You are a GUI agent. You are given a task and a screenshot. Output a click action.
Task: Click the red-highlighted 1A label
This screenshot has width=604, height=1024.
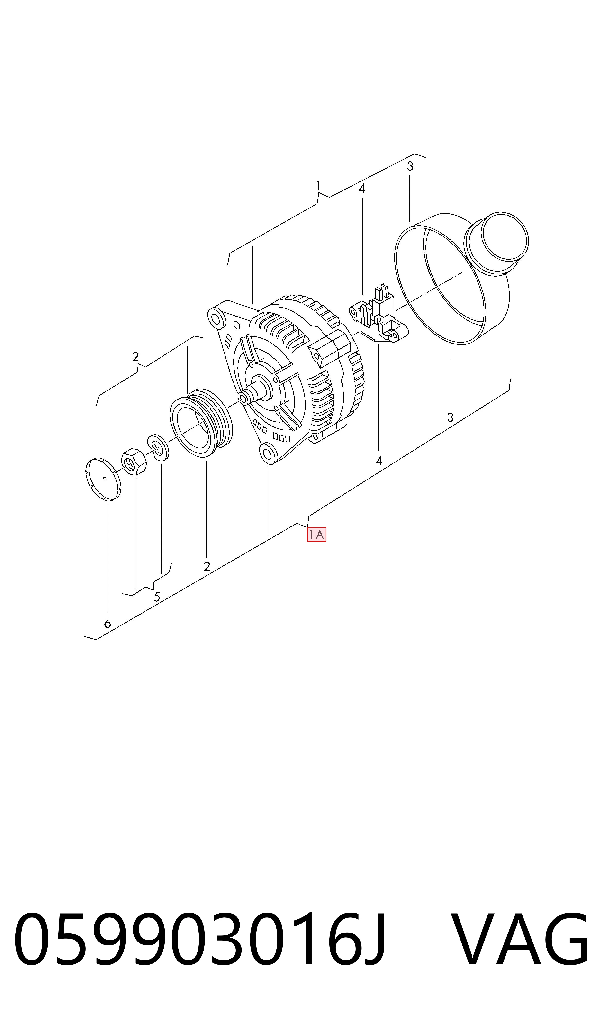[317, 535]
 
